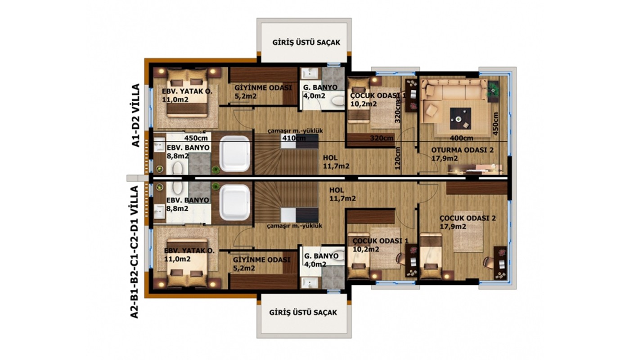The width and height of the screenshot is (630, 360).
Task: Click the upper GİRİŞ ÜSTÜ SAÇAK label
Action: (306, 42)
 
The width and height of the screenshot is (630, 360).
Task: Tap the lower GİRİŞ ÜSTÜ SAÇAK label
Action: (303, 312)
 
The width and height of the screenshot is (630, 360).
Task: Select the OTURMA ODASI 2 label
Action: (463, 150)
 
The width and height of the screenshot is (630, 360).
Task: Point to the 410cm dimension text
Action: (294, 138)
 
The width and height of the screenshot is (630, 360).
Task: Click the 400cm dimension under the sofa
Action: (462, 138)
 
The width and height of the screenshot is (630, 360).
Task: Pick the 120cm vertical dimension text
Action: (397, 158)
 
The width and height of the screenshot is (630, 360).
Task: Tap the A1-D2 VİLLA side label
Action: (135, 115)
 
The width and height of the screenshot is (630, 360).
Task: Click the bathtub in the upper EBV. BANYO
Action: (234, 154)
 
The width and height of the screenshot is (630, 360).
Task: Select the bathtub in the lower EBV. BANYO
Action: (234, 202)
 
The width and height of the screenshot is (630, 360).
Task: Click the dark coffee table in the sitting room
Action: (460, 119)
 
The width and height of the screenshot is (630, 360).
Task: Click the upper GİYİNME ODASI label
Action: (263, 88)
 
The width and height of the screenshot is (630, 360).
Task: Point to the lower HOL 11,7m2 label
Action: (342, 194)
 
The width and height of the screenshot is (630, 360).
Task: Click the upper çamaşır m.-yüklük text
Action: (295, 131)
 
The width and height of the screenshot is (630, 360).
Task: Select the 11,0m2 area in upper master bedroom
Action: (175, 99)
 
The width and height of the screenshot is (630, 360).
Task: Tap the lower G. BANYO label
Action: (321, 256)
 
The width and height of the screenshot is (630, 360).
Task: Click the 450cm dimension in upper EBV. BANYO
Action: (196, 138)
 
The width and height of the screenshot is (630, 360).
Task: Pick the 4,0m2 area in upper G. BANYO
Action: (314, 96)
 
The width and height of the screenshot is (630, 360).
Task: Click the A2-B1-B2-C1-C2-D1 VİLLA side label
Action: (135, 252)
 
